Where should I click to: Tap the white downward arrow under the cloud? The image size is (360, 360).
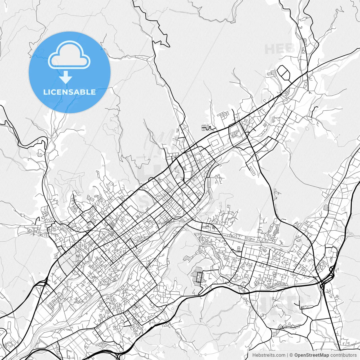pos(66,77)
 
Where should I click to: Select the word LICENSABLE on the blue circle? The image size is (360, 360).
pos(69,92)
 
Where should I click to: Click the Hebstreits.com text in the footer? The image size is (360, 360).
pos(269,355)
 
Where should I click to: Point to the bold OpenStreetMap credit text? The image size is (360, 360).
pos(312,355)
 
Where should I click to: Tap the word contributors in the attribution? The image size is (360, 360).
pos(343,355)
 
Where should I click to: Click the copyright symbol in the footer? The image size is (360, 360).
pos(291,355)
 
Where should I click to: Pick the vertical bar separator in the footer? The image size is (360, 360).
pos(287,355)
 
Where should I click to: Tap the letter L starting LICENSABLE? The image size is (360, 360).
pos(45,92)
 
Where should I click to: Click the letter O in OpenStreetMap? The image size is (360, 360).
pos(296,355)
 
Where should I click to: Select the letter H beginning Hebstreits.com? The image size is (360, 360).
pos(254,355)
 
